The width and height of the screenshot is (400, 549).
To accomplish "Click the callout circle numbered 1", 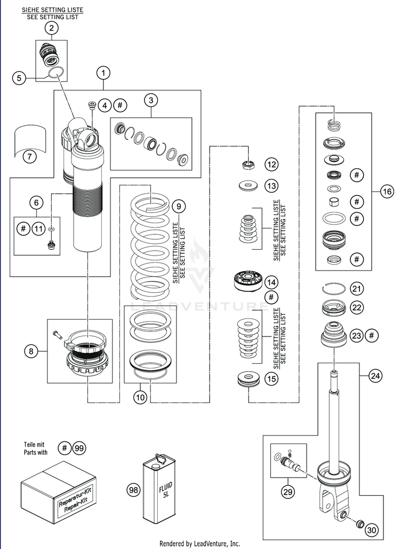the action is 103,73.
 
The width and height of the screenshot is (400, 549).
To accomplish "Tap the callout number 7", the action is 29,156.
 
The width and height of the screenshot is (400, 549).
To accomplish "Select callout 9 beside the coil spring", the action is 179,206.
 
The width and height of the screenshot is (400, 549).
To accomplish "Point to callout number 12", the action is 271,164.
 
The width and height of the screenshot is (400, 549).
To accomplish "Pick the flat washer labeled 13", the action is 248,185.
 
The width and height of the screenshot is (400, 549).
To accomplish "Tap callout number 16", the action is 387,192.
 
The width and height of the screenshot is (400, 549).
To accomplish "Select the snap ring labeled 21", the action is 334,289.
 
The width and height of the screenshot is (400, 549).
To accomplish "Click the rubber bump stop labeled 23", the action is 334,334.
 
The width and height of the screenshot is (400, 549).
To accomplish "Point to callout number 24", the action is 375,376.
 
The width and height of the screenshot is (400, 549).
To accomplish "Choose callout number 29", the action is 288,492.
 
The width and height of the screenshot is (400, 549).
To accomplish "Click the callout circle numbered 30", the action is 372,530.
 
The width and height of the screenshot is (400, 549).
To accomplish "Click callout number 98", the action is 133,489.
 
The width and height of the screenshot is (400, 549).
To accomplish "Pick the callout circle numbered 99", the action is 79,448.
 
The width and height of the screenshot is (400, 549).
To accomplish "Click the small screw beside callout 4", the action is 92,105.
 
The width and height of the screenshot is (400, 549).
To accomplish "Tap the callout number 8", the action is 31,350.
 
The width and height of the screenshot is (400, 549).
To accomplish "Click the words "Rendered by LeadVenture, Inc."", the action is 200,543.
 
